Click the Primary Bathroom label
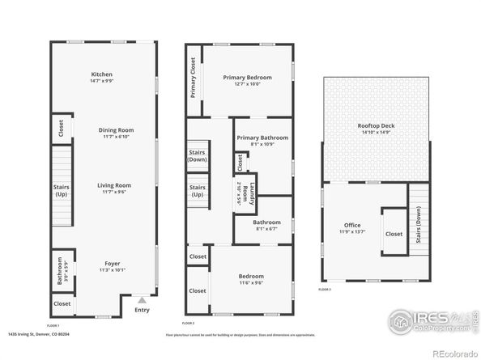(x=262, y=141)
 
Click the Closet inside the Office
(x=394, y=234)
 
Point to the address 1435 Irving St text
(x=38, y=332)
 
